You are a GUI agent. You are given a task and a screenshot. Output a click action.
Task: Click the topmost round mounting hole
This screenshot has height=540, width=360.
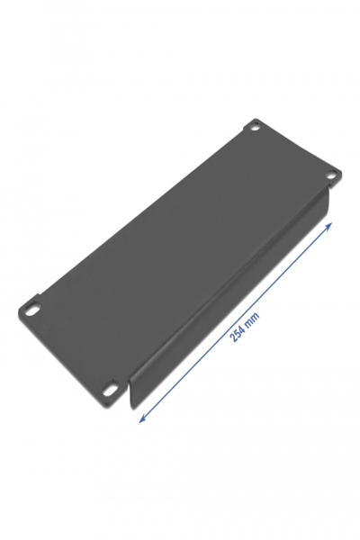(254, 126)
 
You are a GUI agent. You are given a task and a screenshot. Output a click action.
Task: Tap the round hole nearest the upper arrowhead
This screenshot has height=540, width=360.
(331, 175)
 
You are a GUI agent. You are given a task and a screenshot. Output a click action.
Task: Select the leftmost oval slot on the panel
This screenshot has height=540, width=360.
(32, 308)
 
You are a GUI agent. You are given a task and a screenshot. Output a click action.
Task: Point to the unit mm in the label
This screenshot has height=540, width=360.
(254, 317)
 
